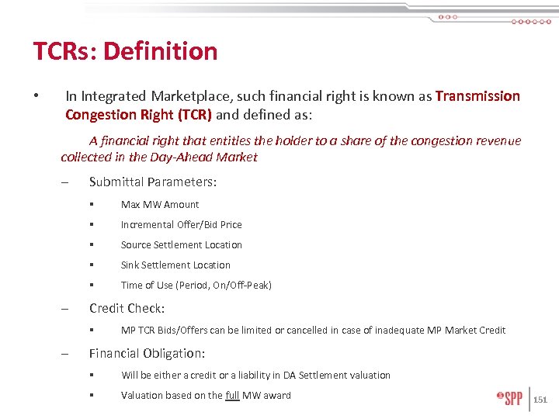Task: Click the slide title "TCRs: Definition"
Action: pyautogui.click(x=125, y=51)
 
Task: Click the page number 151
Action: pyautogui.click(x=540, y=400)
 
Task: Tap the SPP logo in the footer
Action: pyautogui.click(x=510, y=399)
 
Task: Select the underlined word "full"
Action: pyautogui.click(x=232, y=396)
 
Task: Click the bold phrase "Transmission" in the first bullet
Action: pyautogui.click(x=477, y=96)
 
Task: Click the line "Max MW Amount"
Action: pyautogui.click(x=160, y=205)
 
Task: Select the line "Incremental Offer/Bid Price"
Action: pyautogui.click(x=182, y=225)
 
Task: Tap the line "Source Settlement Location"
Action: pyautogui.click(x=182, y=245)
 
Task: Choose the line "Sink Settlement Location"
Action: pyautogui.click(x=175, y=265)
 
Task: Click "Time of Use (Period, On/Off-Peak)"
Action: pyautogui.click(x=196, y=286)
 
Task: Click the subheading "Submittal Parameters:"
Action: pyautogui.click(x=153, y=182)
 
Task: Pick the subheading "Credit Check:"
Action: pyautogui.click(x=127, y=308)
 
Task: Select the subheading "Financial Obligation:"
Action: pyautogui.click(x=148, y=354)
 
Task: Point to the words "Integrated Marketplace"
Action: pyautogui.click(x=145, y=96)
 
